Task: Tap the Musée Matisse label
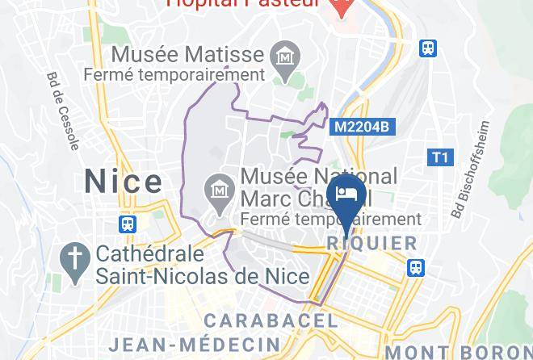pos(187,56)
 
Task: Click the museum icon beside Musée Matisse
pos(285,57)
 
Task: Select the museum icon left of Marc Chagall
pos(219,188)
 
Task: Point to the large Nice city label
pos(123,180)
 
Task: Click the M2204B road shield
pos(362,127)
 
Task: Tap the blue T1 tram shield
pos(440,157)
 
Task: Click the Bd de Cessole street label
pos(63,112)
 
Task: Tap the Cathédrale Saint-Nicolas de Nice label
pos(202,265)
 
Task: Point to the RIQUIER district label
pos(372,243)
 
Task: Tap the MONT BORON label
pos(458,352)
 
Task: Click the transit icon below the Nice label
pos(128,223)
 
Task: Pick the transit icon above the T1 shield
pos(428,48)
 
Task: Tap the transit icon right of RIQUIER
pos(416,266)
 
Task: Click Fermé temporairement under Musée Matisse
pos(174,74)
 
